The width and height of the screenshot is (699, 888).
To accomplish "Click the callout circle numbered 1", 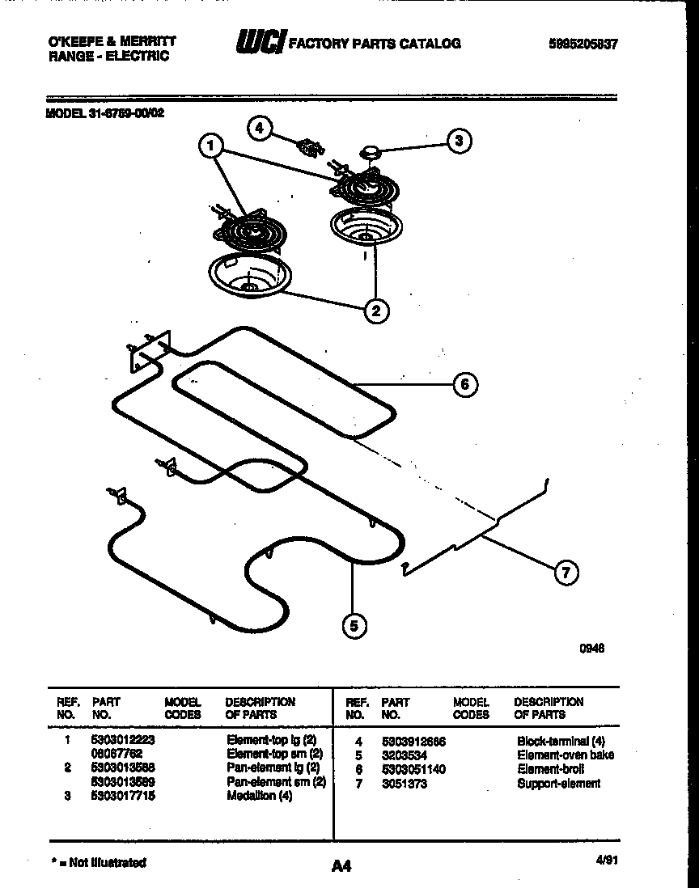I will tap(210, 146).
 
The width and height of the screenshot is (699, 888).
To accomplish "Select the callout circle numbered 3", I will tap(459, 141).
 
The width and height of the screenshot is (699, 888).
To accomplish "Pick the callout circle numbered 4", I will tap(259, 128).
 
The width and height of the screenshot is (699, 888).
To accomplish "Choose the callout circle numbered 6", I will tap(464, 384).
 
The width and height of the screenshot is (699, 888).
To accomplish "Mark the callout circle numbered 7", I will tap(566, 573).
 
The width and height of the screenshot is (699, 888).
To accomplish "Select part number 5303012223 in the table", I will tap(123, 740).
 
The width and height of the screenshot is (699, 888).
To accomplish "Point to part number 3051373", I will tap(404, 783).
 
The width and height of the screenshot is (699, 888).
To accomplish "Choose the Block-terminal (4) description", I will tap(560, 741).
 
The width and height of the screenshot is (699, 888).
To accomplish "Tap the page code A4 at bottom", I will tap(341, 866).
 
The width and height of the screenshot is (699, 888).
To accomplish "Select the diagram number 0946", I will tap(593, 648).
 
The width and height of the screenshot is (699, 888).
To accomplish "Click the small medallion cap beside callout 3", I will tap(370, 150).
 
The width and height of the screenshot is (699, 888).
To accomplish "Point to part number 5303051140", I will tap(413, 769).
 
